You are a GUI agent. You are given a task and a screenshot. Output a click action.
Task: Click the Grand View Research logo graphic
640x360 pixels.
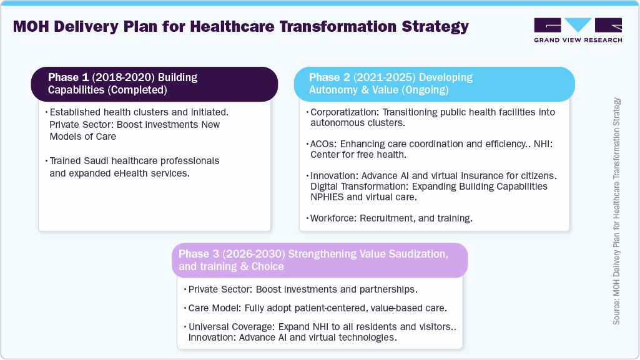coord(578,26)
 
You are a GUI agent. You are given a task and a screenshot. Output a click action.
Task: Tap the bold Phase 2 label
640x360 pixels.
coord(329,78)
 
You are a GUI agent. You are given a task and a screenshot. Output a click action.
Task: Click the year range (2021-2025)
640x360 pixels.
coord(383,78)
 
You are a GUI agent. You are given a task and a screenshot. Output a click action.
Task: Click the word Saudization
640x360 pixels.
coord(416,254)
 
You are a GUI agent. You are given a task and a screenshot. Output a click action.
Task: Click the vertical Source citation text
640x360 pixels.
coord(617,210)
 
